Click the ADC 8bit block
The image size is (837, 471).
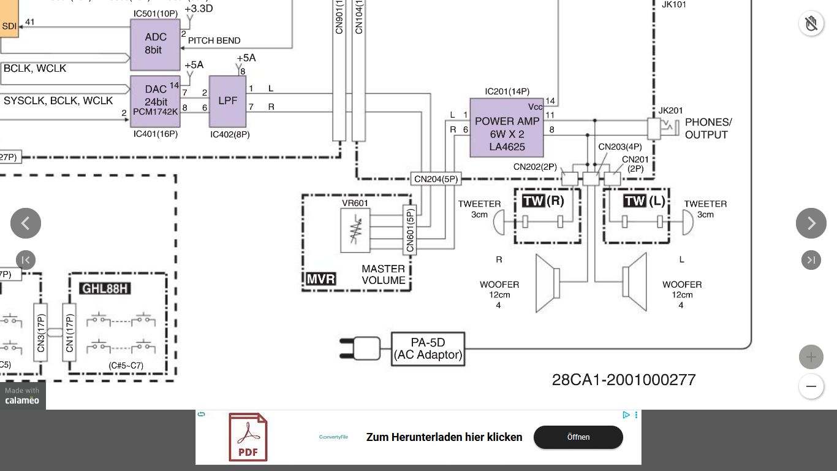[155, 44]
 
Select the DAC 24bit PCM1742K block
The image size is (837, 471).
[155, 101]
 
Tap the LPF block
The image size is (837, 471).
[227, 101]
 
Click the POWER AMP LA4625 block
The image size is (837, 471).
[507, 128]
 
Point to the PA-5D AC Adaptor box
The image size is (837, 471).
[428, 349]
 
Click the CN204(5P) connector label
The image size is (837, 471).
[436, 179]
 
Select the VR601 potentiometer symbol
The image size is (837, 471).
[355, 230]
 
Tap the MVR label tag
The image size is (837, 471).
[321, 279]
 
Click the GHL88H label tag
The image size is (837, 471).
[105, 288]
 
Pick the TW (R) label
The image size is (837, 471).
[543, 201]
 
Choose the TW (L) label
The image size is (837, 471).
[644, 201]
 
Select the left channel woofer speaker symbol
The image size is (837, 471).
[635, 282]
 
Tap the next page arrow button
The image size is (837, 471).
[811, 223]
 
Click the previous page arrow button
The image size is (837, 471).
[26, 223]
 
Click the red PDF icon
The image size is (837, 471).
[248, 437]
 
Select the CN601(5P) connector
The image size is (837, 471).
[410, 229]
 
